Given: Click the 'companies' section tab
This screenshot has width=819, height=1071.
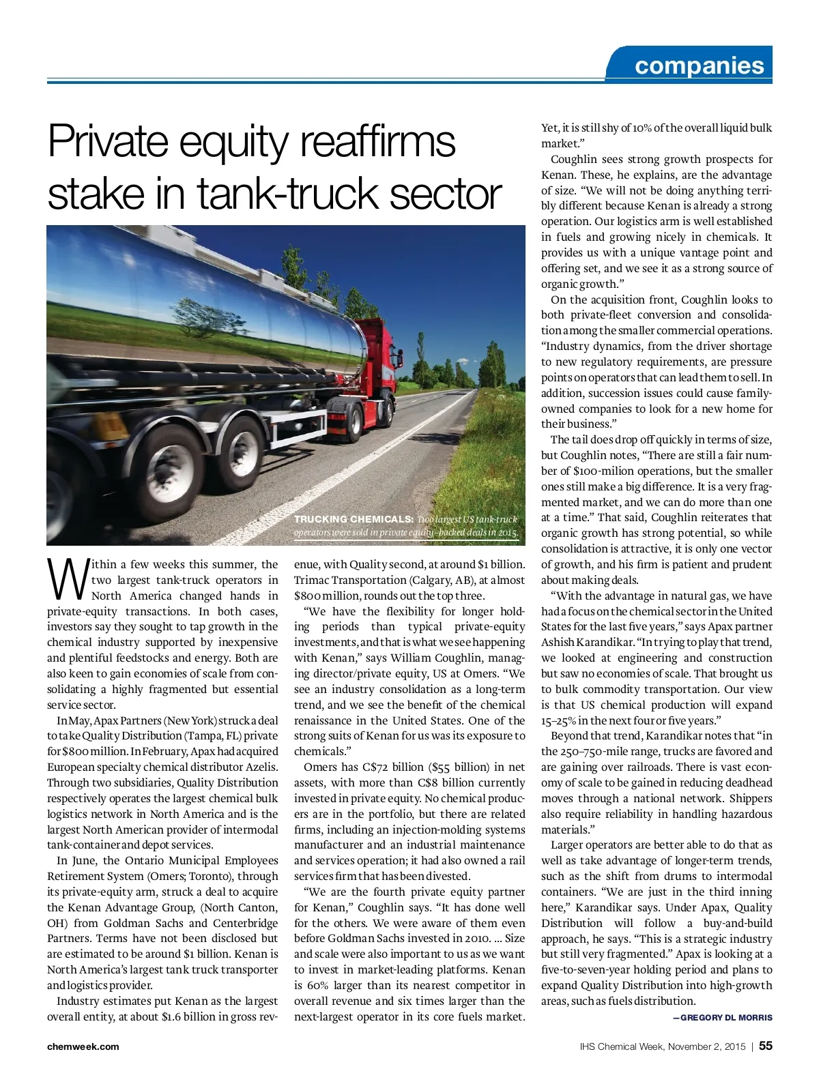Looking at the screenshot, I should click(x=699, y=65).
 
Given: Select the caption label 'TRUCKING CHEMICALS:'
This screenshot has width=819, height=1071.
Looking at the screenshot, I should click(x=353, y=519).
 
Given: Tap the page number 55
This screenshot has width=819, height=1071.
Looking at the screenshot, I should click(x=766, y=1046).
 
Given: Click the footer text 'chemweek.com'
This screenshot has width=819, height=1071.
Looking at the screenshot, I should click(x=83, y=1046).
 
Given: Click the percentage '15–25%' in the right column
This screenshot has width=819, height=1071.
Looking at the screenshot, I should click(x=558, y=720).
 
